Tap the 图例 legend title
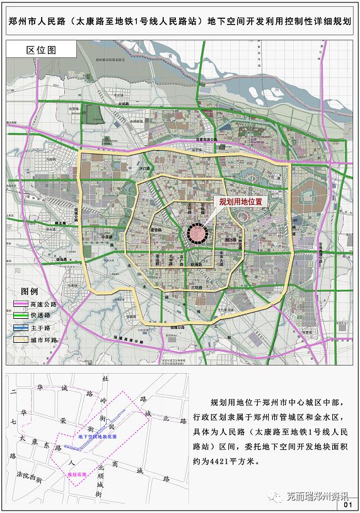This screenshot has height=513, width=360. point(30,292)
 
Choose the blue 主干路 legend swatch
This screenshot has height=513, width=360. point(21,328)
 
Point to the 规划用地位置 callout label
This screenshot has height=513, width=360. point(240,202)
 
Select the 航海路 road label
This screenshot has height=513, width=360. point(196,264)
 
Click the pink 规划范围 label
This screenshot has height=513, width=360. point(78,473)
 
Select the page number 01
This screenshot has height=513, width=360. point(347,504)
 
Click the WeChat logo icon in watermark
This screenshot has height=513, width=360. point(276,496)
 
